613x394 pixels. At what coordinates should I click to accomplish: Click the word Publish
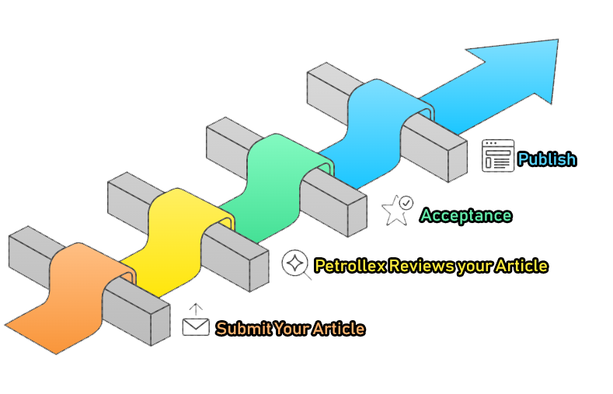point(547,159)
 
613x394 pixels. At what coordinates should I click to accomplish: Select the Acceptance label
point(466,215)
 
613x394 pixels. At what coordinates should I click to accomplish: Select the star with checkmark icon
point(397,210)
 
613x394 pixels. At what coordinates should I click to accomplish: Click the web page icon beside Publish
point(498,155)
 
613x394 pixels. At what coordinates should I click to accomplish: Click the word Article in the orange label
point(339,329)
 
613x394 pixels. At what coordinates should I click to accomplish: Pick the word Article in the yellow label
point(521,266)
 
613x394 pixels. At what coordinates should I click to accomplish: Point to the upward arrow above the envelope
point(196,309)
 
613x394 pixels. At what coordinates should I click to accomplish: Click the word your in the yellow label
point(473,266)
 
